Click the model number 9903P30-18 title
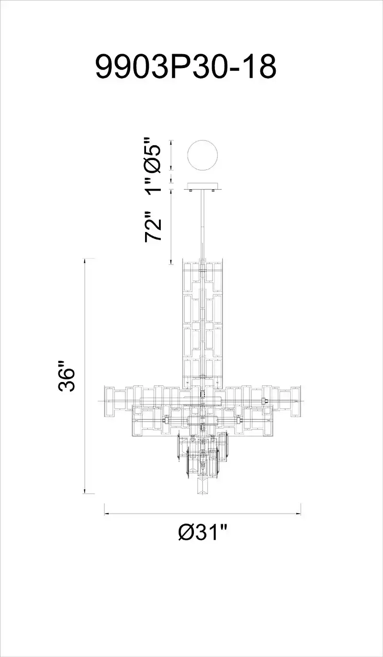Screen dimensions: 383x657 pos(186,68)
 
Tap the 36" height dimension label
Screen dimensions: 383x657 pos(67,376)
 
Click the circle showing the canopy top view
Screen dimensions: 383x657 pos(203,155)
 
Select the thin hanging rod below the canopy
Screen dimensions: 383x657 pos(203,225)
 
